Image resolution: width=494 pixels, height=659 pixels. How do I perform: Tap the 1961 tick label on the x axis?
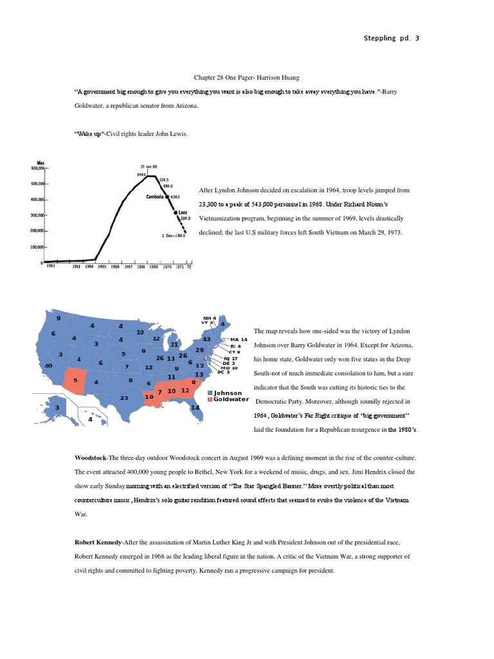[x=51, y=266]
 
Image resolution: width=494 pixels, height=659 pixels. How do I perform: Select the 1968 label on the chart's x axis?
[x=140, y=266]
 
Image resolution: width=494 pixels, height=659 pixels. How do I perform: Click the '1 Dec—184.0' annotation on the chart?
[x=174, y=236]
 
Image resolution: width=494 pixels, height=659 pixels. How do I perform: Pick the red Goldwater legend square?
[x=210, y=400]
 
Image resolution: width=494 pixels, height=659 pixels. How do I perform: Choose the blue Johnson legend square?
[x=210, y=393]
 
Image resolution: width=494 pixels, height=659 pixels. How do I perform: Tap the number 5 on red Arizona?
[x=76, y=380]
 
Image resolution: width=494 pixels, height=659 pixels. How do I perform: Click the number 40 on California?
[x=48, y=366]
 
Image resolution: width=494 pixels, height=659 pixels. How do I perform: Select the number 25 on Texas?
[x=124, y=398]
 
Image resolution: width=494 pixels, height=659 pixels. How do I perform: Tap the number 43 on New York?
[x=206, y=339]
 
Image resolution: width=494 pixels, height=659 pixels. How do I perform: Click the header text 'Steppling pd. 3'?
[x=390, y=38]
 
